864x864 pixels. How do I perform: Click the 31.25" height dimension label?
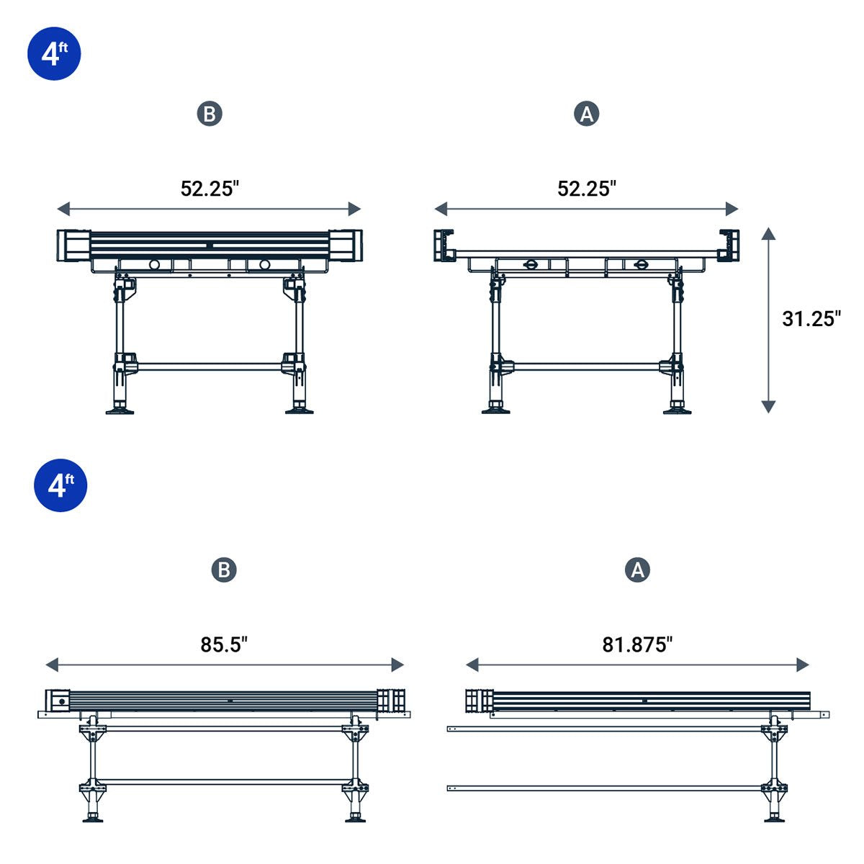pyautogui.click(x=811, y=319)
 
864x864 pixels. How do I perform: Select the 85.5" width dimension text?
pyautogui.click(x=224, y=644)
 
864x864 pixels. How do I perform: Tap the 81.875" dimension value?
pyautogui.click(x=637, y=644)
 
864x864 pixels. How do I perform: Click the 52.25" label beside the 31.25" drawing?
pyautogui.click(x=587, y=189)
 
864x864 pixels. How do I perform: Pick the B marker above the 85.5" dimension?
pyautogui.click(x=224, y=570)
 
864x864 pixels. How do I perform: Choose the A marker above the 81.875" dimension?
pyautogui.click(x=637, y=570)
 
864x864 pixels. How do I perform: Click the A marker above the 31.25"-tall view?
pyautogui.click(x=587, y=114)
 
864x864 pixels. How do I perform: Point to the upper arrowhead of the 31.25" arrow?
pyautogui.click(x=768, y=233)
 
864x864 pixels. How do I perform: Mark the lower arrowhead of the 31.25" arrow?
pyautogui.click(x=768, y=407)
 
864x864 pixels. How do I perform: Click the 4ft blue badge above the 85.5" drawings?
pyautogui.click(x=60, y=485)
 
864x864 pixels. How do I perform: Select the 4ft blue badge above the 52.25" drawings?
pyautogui.click(x=54, y=53)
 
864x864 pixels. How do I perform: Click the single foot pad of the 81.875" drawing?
pyautogui.click(x=774, y=819)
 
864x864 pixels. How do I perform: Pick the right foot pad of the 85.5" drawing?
pyautogui.click(x=354, y=819)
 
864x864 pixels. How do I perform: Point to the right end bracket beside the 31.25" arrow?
pyautogui.click(x=729, y=245)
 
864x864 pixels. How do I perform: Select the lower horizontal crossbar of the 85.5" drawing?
pyautogui.click(x=223, y=781)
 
